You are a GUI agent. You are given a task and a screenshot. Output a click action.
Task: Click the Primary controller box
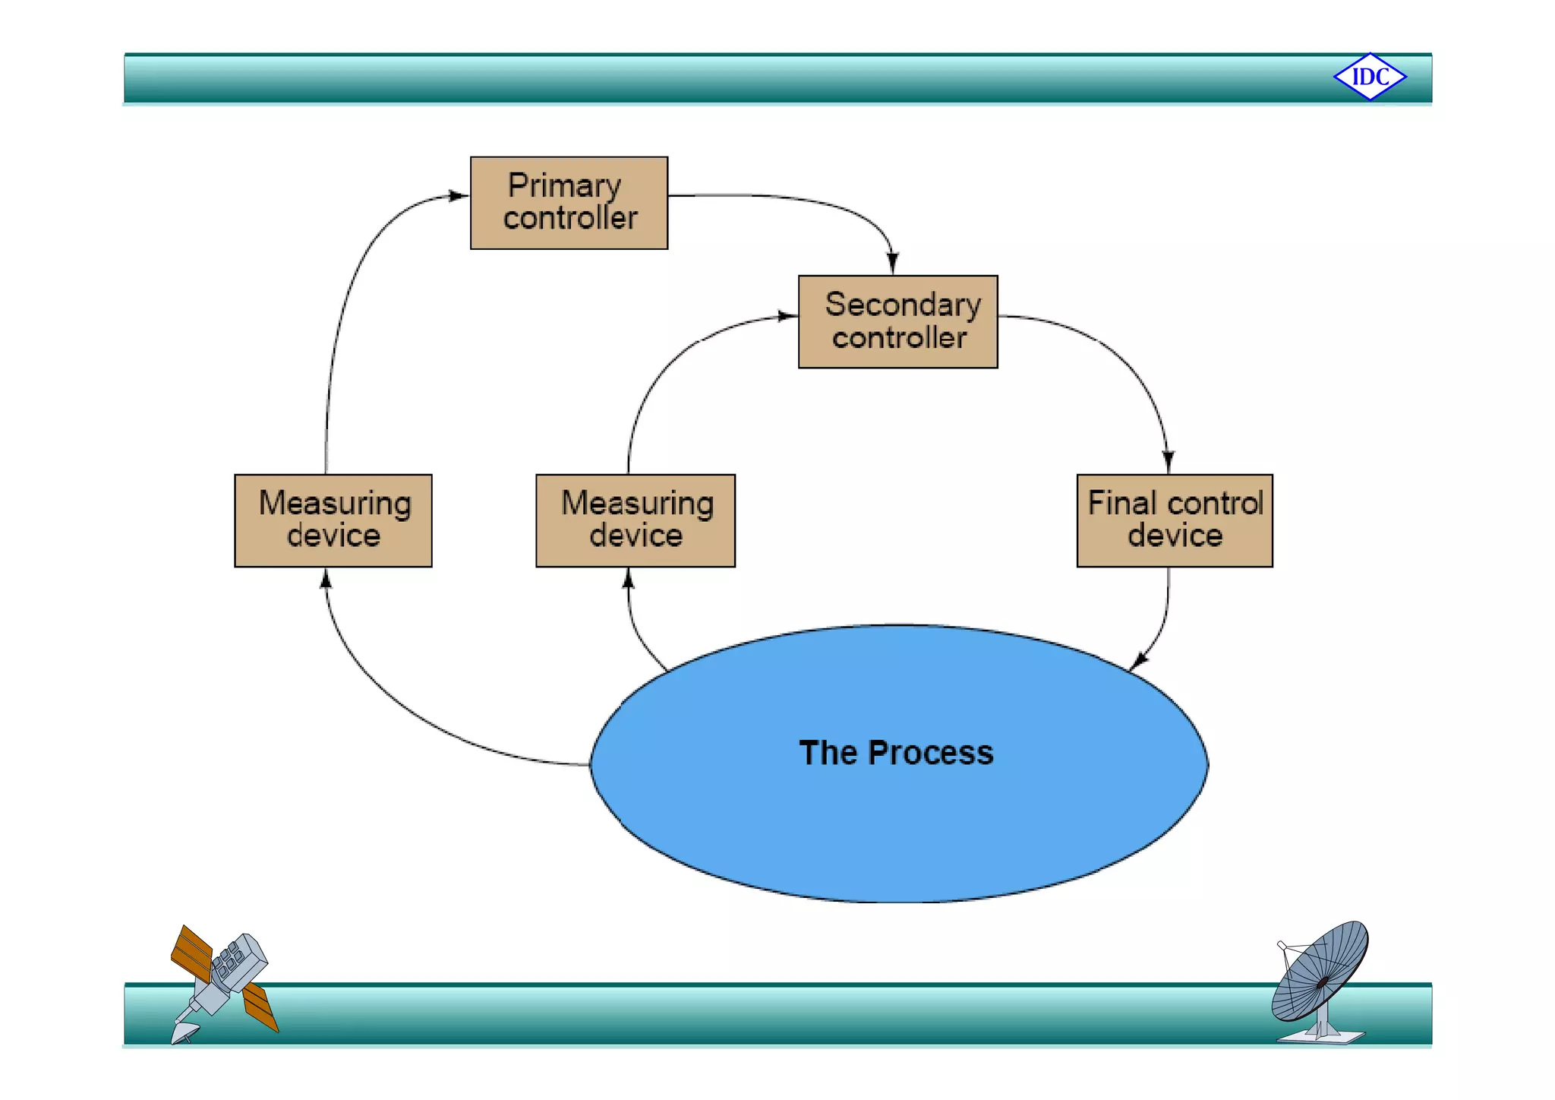tap(569, 203)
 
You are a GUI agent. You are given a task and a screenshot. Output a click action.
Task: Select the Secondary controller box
tap(897, 322)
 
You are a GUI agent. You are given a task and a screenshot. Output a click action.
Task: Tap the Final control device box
tap(1174, 520)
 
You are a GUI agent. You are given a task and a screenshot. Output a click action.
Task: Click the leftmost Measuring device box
tap(333, 520)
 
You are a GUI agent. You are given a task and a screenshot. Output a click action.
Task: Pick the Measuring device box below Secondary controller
tap(635, 520)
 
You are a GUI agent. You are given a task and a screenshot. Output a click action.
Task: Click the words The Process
tap(896, 753)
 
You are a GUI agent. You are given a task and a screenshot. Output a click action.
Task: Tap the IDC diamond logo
tap(1370, 77)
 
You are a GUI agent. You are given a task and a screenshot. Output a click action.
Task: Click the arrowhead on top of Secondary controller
tap(893, 264)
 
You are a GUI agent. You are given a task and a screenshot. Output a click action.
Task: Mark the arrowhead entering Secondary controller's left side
tap(787, 316)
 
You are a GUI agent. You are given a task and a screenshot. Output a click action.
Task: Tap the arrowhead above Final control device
tap(1169, 462)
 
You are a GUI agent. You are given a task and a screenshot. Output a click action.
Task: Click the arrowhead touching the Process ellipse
tap(1138, 662)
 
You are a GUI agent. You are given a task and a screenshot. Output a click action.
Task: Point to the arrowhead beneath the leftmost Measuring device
tap(326, 580)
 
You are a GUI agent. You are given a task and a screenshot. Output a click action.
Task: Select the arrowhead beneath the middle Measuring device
tap(628, 580)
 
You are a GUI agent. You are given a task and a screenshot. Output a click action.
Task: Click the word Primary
tap(564, 186)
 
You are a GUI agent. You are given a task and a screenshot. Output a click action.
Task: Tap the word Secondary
tap(903, 305)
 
